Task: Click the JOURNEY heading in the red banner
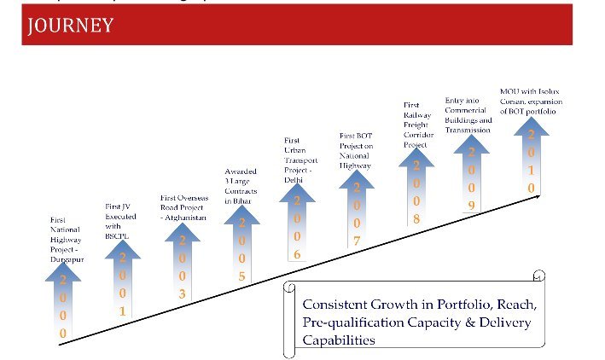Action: (x=71, y=26)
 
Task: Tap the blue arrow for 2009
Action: (x=471, y=176)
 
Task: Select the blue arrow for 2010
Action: (x=531, y=159)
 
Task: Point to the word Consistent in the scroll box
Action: (x=334, y=305)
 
